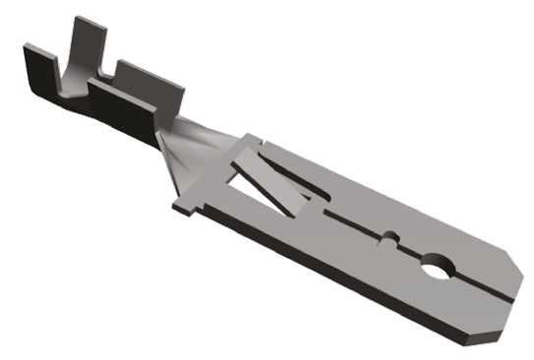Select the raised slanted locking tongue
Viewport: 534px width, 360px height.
pyautogui.click(x=275, y=182)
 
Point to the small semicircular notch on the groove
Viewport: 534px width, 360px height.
pyautogui.click(x=389, y=235)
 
